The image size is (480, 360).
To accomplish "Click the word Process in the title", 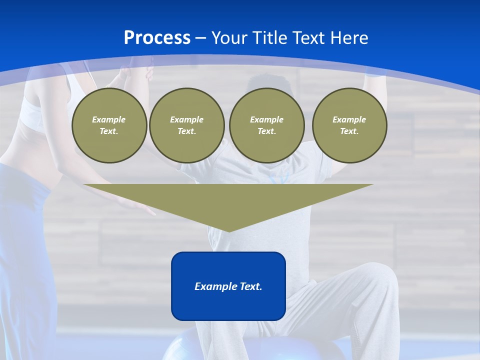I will pyautogui.click(x=157, y=37).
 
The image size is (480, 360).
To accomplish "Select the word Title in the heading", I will pyautogui.click(x=271, y=38).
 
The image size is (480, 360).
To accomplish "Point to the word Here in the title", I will pyautogui.click(x=348, y=38).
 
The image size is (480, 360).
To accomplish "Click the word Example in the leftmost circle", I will pyautogui.click(x=109, y=119).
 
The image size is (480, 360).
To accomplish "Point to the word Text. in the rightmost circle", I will pyautogui.click(x=349, y=131).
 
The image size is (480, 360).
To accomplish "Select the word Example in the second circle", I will pyautogui.click(x=187, y=119).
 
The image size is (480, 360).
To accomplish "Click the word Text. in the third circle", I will pyautogui.click(x=267, y=131).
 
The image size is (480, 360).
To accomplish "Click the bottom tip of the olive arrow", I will pyautogui.click(x=229, y=230).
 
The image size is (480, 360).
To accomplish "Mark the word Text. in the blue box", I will pyautogui.click(x=251, y=286).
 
